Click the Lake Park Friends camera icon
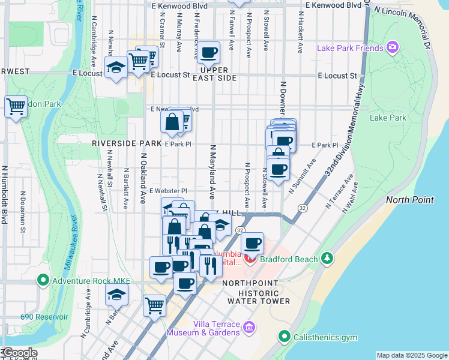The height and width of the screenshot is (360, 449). click(393, 47)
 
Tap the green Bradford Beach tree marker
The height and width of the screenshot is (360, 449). click(327, 258)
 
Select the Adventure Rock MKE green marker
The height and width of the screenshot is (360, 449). click(43, 280)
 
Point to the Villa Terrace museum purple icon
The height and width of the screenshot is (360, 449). click(250, 328)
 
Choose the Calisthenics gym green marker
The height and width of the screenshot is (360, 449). click(285, 337)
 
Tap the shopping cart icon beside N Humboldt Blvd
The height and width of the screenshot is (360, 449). click(16, 107)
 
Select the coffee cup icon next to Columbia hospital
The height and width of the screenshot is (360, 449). click(253, 243)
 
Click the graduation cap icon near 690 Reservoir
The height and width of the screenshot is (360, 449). click(117, 295)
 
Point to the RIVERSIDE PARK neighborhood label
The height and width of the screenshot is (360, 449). click(126, 144)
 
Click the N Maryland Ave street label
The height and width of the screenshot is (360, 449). click(212, 171)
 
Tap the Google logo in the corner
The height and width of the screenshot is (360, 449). click(19, 353)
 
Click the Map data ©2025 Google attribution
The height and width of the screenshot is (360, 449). click(411, 355)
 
